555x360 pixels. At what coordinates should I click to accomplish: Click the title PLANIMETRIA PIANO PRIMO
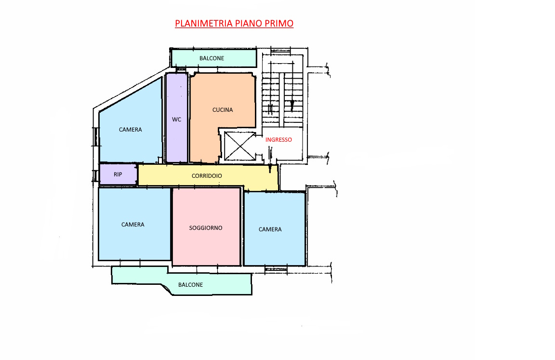234,23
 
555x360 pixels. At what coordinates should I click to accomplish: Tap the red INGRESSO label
278,140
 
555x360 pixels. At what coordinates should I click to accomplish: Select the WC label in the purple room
177,120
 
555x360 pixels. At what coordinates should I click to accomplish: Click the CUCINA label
223,110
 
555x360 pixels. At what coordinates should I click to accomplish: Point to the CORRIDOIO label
207,176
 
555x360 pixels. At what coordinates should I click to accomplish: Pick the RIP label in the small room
118,174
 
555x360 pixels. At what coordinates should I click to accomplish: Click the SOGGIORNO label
206,228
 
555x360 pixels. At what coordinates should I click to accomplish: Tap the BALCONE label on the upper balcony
211,58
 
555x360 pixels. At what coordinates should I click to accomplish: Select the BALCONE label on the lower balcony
190,285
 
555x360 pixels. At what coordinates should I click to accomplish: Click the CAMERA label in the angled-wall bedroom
130,130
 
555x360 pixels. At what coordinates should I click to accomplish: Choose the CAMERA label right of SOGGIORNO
270,229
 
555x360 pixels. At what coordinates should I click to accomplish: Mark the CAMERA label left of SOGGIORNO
133,225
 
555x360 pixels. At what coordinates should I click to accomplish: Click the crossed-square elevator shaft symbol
240,146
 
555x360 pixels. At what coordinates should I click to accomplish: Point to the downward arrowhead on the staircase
292,105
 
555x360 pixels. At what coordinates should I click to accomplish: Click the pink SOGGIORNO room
206,227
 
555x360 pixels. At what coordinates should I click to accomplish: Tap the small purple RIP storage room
118,174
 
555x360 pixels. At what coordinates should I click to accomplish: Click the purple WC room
177,118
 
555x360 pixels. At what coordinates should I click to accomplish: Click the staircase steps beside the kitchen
282,99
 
